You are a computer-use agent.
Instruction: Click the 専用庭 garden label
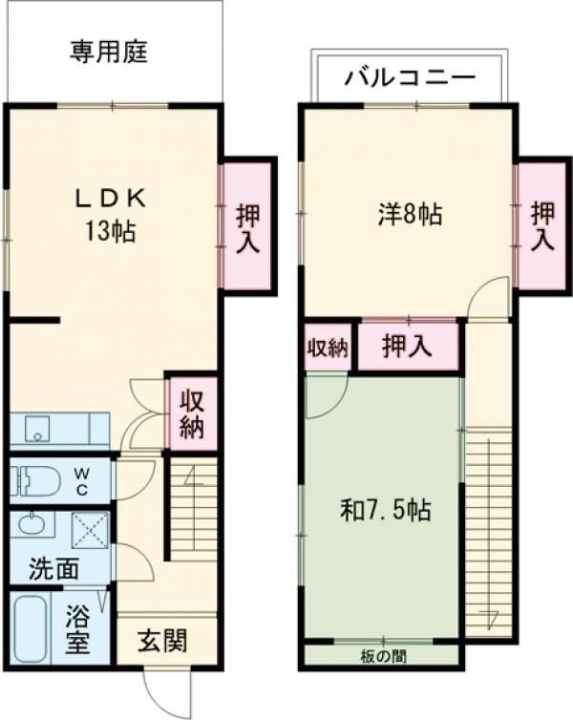108,52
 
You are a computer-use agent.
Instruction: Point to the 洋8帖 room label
408,214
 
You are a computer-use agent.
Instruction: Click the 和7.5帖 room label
386,511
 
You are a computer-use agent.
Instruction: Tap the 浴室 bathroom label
78,631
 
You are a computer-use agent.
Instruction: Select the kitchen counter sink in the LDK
38,430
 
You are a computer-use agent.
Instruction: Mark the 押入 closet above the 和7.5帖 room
407,347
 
